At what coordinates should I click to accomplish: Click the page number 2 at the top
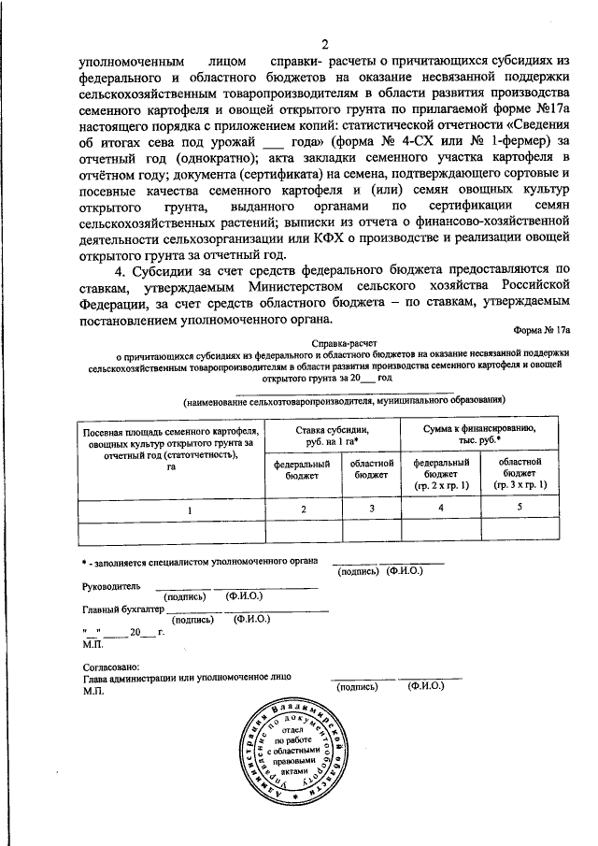click(x=324, y=45)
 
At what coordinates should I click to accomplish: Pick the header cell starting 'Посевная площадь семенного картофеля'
click(x=171, y=451)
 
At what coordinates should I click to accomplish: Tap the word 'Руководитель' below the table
click(x=111, y=586)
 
